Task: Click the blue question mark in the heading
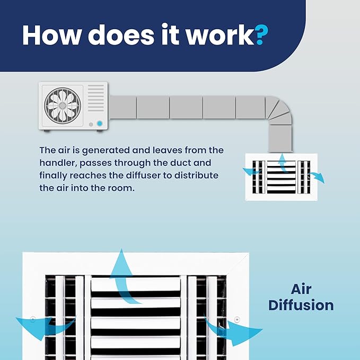[261, 34]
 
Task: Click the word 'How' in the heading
[52, 34]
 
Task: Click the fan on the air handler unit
[63, 106]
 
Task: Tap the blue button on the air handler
[100, 124]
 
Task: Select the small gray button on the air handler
[91, 125]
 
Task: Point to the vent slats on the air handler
[96, 98]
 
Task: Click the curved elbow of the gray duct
[279, 111]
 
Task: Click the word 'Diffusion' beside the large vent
[301, 305]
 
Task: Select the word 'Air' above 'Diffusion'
[301, 289]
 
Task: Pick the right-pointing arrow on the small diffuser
[317, 177]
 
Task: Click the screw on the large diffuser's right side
[237, 319]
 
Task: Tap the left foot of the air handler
[47, 131]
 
